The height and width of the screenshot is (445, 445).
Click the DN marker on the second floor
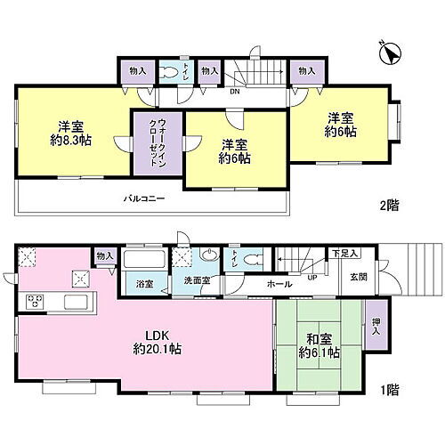pos(234,89)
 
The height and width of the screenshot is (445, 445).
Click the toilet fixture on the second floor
pos(168,73)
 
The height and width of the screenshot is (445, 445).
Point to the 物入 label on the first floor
pos(105,256)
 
